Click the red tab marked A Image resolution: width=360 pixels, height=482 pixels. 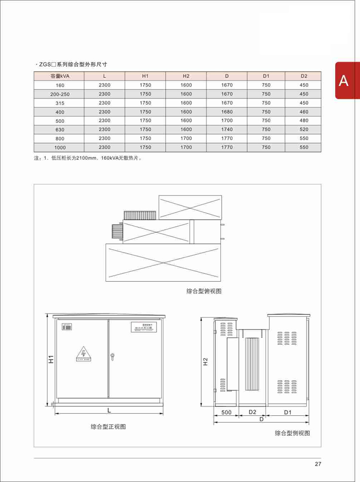[344, 81]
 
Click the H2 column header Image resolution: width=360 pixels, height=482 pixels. [186, 76]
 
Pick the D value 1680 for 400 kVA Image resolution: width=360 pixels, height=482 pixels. [227, 112]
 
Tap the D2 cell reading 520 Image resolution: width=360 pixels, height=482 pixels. [304, 130]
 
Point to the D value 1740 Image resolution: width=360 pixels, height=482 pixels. [227, 130]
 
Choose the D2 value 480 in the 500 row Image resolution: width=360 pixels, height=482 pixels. [304, 120]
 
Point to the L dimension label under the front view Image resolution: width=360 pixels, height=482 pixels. [109, 410]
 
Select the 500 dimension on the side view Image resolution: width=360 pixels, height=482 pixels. [227, 412]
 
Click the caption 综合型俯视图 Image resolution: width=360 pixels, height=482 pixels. [204, 291]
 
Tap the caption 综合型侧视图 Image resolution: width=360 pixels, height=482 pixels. [292, 433]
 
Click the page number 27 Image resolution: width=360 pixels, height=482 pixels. [318, 464]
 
